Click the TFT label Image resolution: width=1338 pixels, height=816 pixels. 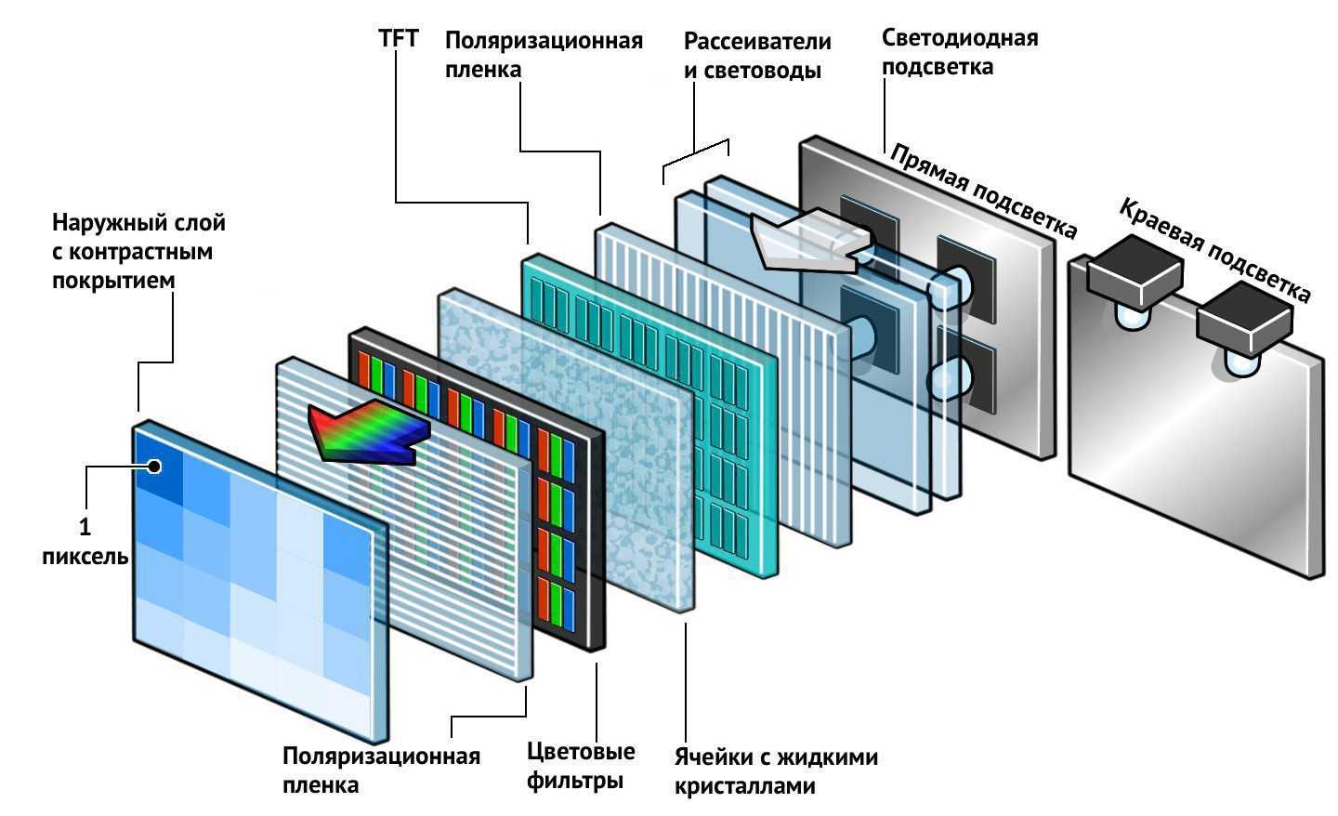[399, 39]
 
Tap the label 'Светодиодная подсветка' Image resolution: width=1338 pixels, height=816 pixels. [959, 52]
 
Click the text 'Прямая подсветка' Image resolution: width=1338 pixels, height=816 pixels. [982, 190]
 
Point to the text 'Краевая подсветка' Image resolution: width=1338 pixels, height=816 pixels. [1213, 248]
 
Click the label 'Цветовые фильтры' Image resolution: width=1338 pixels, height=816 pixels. [581, 765]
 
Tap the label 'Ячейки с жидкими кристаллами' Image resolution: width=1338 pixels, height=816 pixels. [775, 771]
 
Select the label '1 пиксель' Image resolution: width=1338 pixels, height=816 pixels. [85, 542]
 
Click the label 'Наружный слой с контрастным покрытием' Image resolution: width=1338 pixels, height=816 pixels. [138, 251]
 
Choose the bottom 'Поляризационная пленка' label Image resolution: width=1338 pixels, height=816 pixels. [381, 770]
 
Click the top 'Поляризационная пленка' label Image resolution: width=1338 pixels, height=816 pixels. [543, 55]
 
